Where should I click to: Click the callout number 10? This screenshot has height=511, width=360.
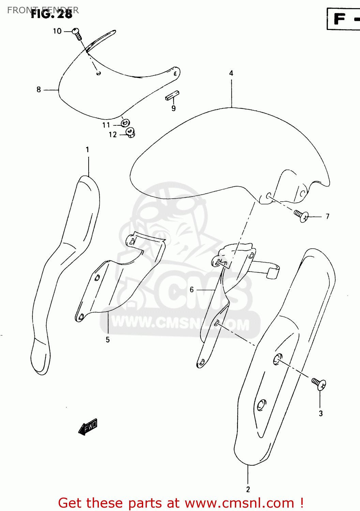[57, 31]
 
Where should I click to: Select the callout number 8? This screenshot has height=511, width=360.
[39, 90]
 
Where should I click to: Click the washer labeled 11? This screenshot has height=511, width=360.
[125, 123]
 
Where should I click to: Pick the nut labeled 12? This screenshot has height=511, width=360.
[130, 132]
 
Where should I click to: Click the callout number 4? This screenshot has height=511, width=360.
[231, 73]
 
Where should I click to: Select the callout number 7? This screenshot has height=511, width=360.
[327, 216]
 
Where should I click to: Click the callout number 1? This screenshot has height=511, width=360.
[88, 150]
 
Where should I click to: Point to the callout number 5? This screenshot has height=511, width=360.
[108, 340]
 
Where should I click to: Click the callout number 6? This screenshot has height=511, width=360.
[192, 290]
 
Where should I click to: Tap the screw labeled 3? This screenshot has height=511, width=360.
[319, 384]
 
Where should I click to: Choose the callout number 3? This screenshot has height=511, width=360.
[320, 414]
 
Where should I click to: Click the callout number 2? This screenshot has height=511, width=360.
[248, 490]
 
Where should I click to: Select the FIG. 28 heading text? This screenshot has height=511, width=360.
[52, 14]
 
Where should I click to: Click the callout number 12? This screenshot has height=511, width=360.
[113, 135]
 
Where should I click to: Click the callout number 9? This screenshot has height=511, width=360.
[174, 109]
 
